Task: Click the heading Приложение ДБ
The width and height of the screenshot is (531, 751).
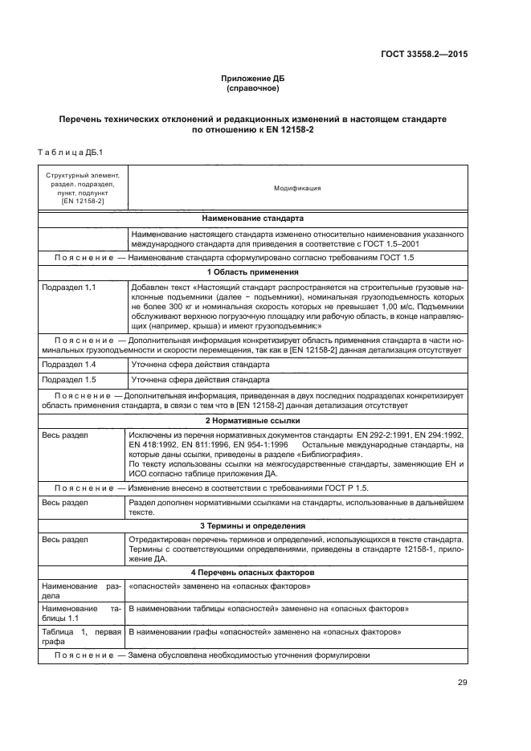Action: pyautogui.click(x=253, y=78)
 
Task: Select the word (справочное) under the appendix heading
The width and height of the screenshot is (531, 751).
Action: pyautogui.click(x=253, y=88)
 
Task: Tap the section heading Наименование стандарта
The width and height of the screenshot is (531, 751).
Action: pyautogui.click(x=253, y=218)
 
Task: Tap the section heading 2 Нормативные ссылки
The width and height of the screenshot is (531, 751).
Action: pyautogui.click(x=253, y=420)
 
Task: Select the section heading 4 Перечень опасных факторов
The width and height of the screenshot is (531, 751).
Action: pyautogui.click(x=253, y=571)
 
